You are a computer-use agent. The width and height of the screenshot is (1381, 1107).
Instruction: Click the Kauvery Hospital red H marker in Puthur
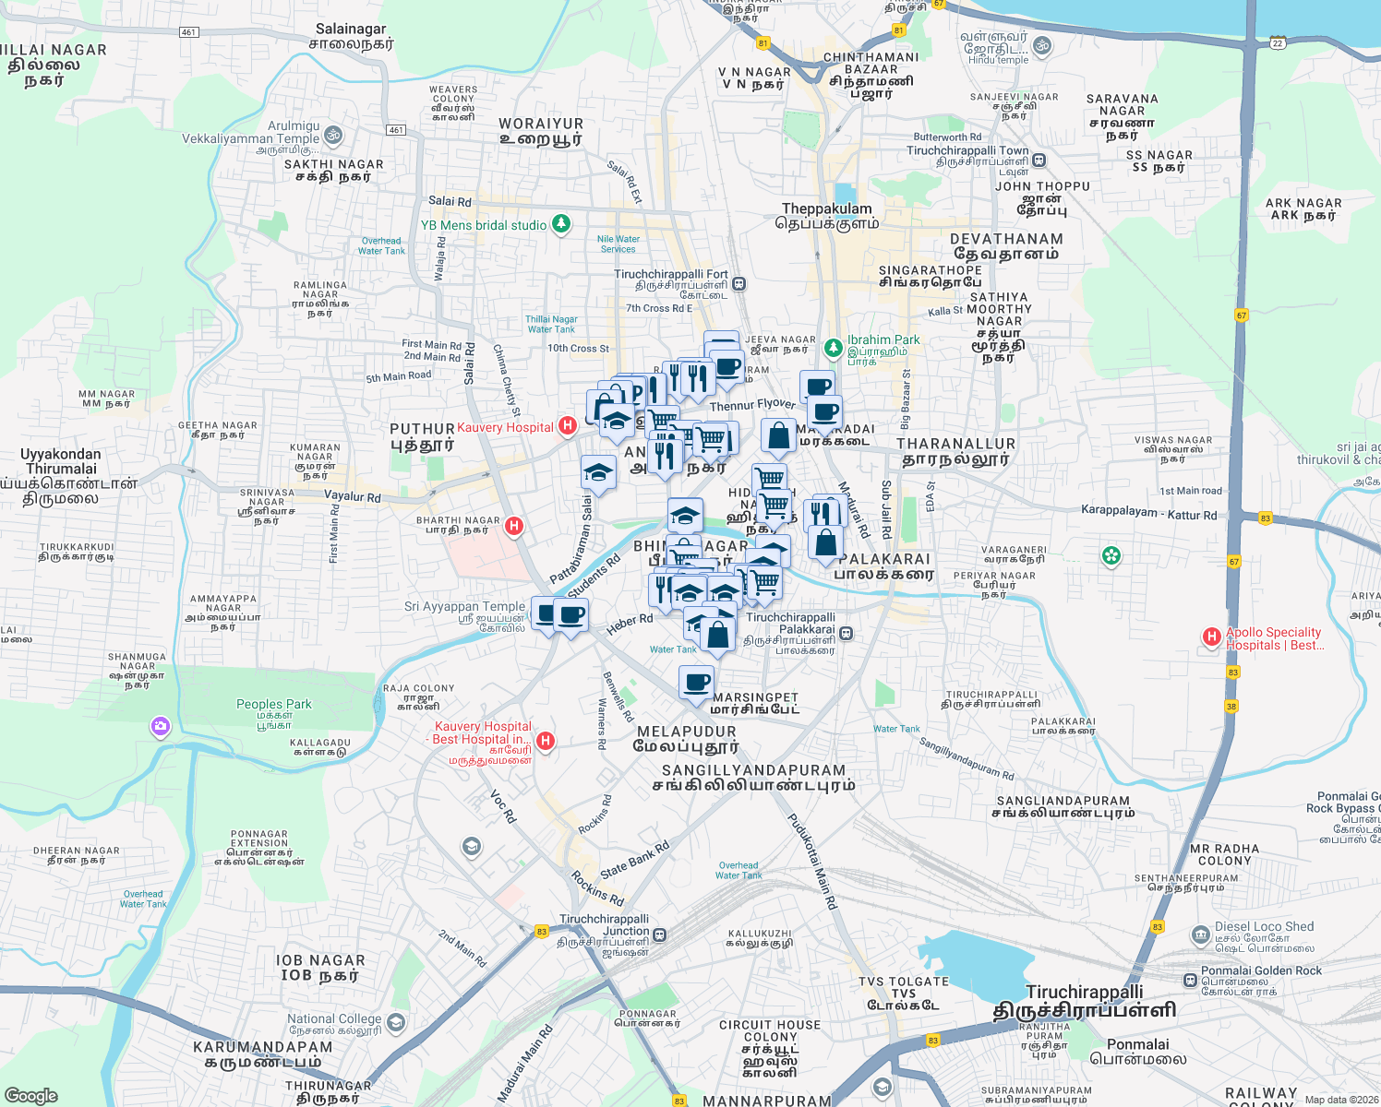click(568, 426)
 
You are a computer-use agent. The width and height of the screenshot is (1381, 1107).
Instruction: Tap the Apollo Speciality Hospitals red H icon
click(1212, 637)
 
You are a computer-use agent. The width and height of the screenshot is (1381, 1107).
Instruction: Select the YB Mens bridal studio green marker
click(560, 224)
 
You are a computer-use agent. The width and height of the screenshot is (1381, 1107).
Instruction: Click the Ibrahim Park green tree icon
click(834, 347)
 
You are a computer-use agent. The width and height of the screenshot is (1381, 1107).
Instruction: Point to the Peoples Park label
click(274, 704)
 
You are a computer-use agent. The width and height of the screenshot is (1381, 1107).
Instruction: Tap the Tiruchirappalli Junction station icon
click(659, 935)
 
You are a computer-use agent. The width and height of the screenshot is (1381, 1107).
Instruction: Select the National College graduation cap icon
click(396, 1022)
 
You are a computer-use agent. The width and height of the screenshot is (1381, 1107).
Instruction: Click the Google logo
click(30, 1095)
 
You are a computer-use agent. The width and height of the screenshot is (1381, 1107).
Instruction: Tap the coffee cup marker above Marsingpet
click(696, 684)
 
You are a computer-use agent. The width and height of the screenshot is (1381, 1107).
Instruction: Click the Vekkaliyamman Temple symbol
click(333, 137)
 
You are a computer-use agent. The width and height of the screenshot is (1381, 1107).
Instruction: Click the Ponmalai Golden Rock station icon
click(1190, 980)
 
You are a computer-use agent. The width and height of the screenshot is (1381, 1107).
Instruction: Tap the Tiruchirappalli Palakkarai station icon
click(846, 634)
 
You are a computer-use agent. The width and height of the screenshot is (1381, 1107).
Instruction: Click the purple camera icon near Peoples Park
click(161, 728)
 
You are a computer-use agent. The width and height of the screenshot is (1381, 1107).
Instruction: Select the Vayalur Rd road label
click(353, 497)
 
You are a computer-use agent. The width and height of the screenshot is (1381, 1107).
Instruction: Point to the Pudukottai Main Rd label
click(811, 862)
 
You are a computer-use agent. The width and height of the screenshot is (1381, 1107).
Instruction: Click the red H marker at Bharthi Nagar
click(514, 527)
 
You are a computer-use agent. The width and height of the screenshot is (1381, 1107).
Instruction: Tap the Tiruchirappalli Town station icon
click(1039, 161)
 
